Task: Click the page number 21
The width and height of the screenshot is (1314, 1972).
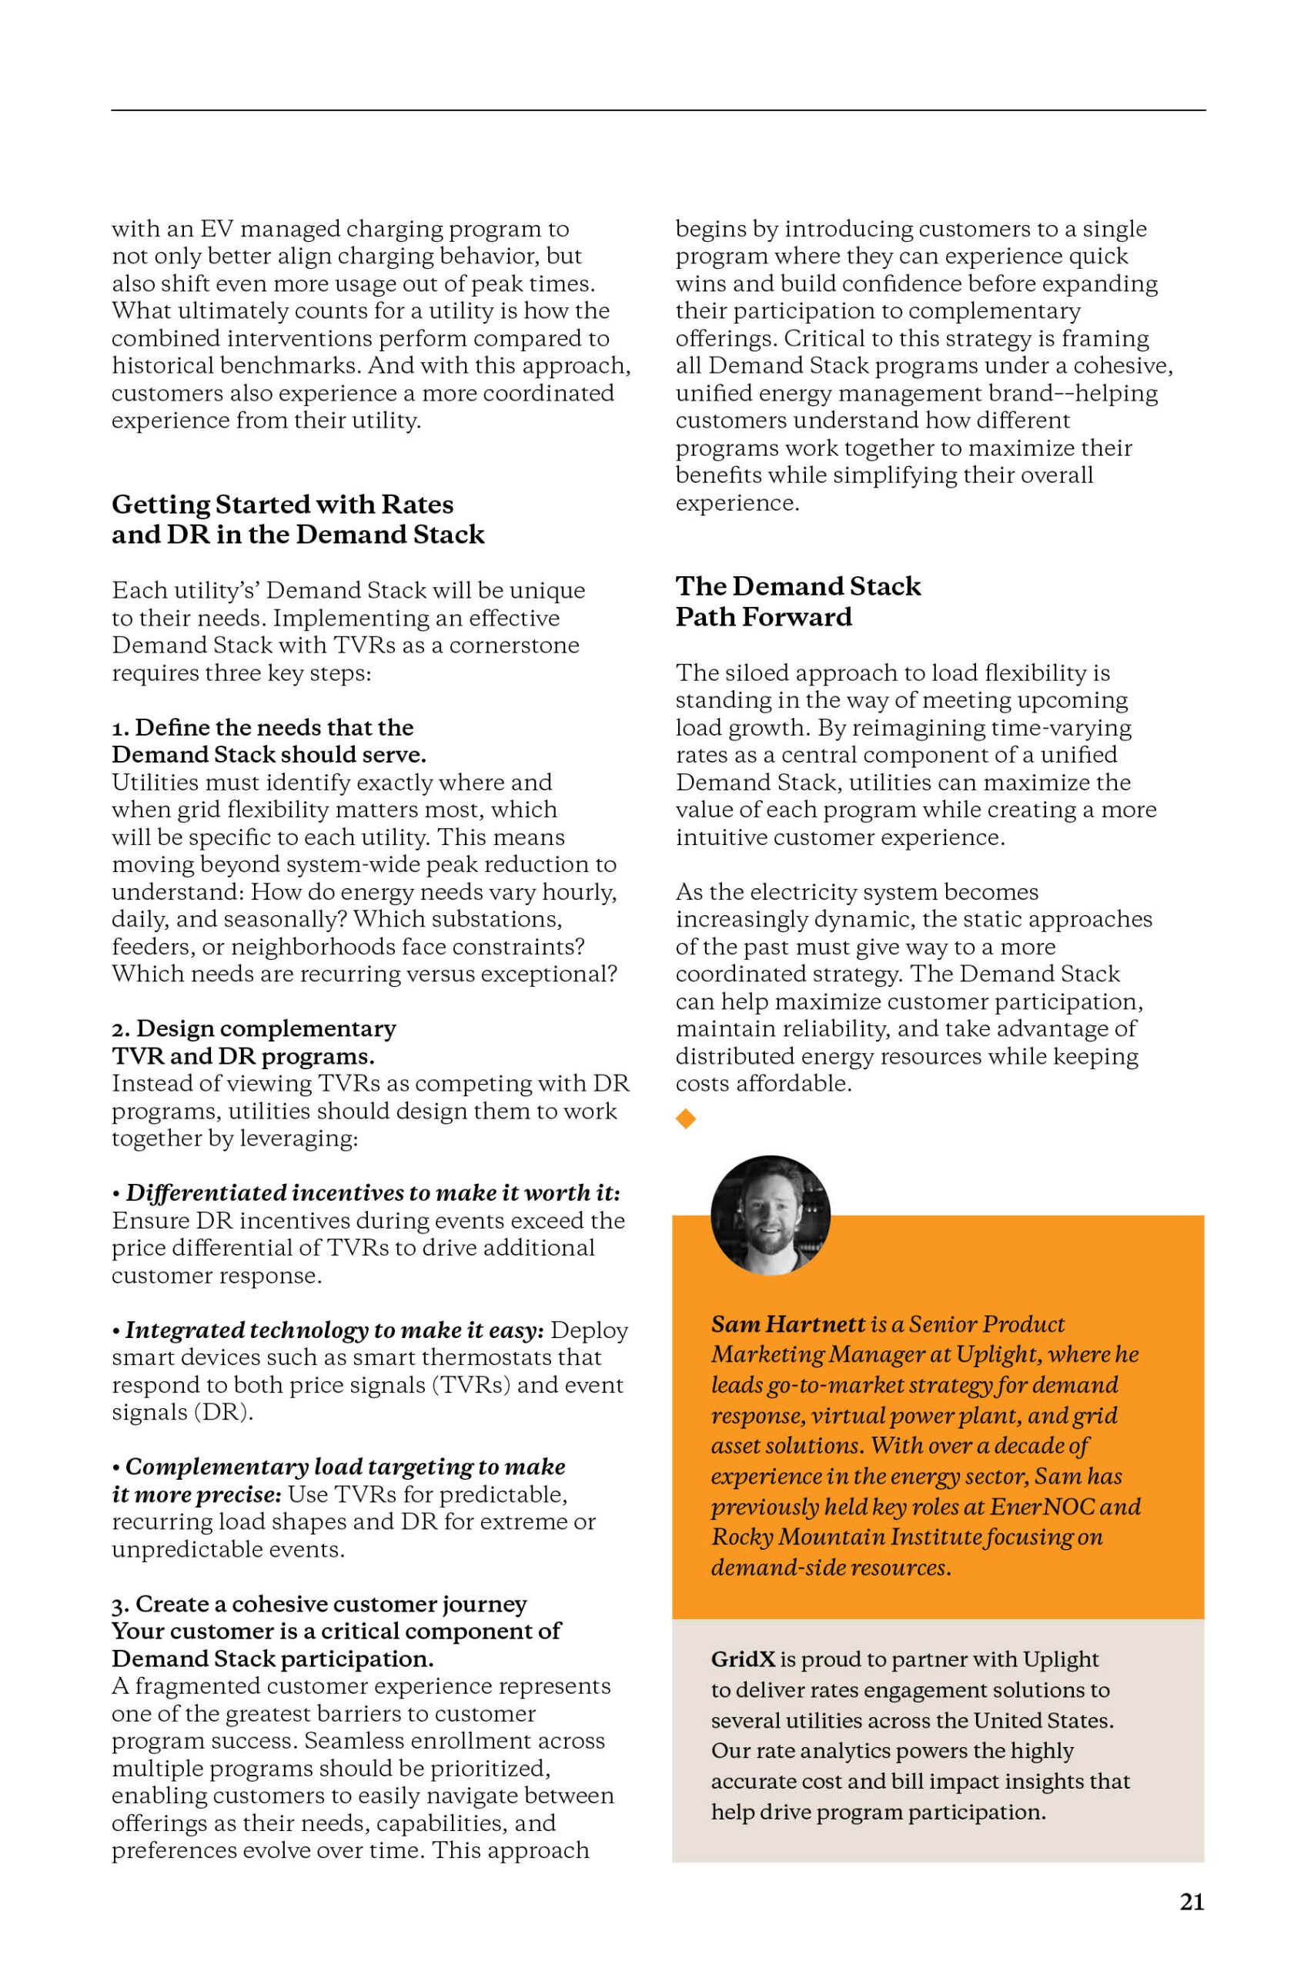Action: [x=1192, y=1902]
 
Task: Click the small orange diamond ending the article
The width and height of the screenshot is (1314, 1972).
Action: [x=686, y=1118]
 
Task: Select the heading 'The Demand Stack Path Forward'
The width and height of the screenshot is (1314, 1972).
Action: [x=797, y=601]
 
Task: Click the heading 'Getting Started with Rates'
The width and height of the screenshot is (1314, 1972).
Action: [x=283, y=504]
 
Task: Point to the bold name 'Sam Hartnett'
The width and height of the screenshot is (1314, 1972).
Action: [x=787, y=1324]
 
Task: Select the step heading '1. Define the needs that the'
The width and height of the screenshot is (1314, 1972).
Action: [x=262, y=727]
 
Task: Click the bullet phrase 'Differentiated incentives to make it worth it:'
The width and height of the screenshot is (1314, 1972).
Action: [x=372, y=1192]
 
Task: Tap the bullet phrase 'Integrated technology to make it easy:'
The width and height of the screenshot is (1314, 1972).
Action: [x=333, y=1330]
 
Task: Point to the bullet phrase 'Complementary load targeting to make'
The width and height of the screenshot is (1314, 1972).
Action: [x=344, y=1467]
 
